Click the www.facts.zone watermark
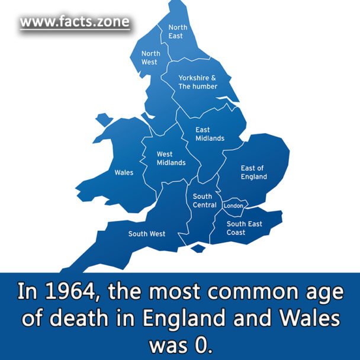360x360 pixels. pos(74,23)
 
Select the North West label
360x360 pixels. pos(150,57)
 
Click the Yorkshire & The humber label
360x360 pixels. pos(198,82)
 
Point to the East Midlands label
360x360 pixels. pos(210,134)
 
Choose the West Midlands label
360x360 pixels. pos(171,158)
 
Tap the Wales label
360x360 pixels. pos(124,172)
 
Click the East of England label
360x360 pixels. pos(253,172)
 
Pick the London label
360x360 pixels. pos(233,205)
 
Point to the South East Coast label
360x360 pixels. pos(244,228)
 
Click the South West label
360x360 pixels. pos(147,234)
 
